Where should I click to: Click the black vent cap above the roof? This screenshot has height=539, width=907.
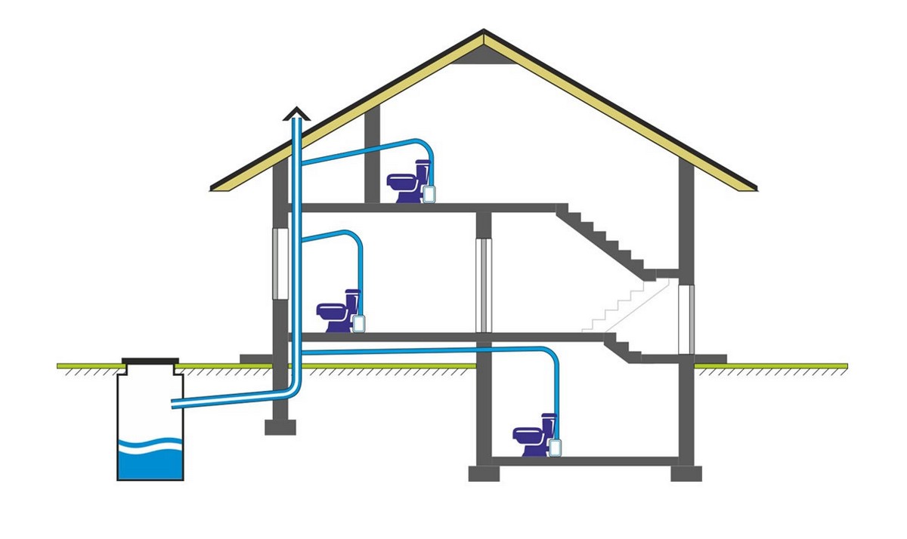[x=296, y=113]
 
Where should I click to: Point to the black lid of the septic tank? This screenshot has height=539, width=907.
[x=150, y=363]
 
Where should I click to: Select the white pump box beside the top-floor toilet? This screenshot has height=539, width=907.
[x=429, y=193]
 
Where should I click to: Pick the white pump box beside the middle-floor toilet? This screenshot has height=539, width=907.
[x=360, y=323]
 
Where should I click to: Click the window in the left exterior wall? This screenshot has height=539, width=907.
[x=278, y=263]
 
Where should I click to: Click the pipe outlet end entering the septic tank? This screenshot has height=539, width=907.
[x=175, y=405]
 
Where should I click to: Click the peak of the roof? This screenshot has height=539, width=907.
[x=484, y=32]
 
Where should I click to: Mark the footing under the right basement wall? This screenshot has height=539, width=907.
[x=686, y=473]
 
